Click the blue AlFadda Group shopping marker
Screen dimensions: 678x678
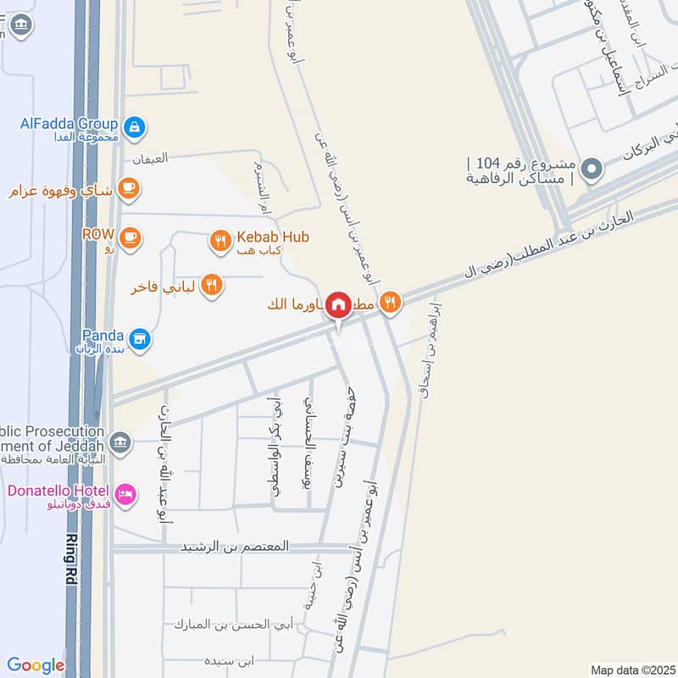click(133, 128)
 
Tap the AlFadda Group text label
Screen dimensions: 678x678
click(69, 123)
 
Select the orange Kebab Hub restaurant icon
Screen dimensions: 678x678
click(220, 242)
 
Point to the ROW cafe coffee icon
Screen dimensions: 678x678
click(129, 236)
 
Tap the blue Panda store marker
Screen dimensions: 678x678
click(140, 340)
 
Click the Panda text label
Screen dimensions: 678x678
click(103, 336)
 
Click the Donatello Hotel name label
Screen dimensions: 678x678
click(58, 492)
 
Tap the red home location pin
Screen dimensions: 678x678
click(338, 304)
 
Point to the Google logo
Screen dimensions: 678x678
click(36, 665)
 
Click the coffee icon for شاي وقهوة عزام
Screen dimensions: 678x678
click(128, 188)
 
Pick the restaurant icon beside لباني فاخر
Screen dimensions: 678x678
click(212, 286)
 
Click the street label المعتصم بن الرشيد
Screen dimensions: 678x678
click(235, 547)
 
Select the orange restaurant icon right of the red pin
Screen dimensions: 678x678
click(390, 301)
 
